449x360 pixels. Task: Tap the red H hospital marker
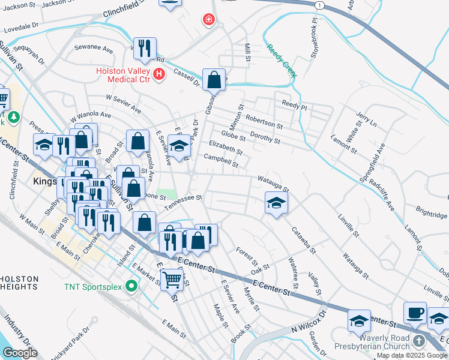(158, 74)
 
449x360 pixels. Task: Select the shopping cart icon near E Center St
(172, 278)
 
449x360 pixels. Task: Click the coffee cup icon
(415, 313)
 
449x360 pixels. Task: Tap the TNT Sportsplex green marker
(131, 287)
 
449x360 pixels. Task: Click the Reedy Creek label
(282, 61)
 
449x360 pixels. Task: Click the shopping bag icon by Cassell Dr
(214, 79)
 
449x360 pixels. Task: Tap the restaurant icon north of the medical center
(144, 49)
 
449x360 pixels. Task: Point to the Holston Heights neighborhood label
(19, 283)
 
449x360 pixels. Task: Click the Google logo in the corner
(19, 353)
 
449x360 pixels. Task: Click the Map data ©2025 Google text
(412, 355)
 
